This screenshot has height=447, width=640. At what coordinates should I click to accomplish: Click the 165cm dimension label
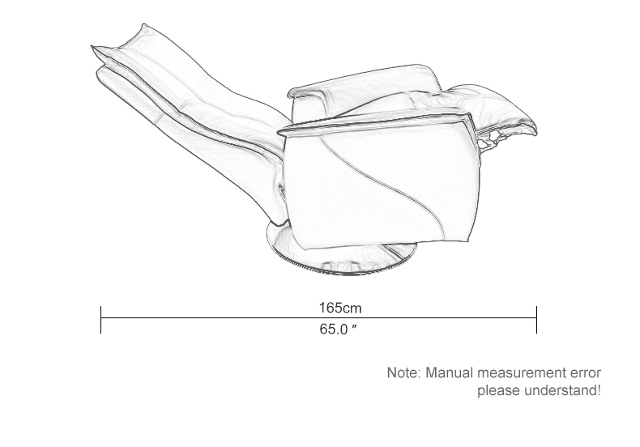pos(340,308)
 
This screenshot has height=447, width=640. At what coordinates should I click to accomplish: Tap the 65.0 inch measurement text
pos(338,329)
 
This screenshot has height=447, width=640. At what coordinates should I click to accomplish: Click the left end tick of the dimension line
pos(100,320)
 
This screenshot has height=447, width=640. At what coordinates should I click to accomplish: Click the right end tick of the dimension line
pos(537,320)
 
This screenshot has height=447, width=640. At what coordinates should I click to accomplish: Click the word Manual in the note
pos(450,372)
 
